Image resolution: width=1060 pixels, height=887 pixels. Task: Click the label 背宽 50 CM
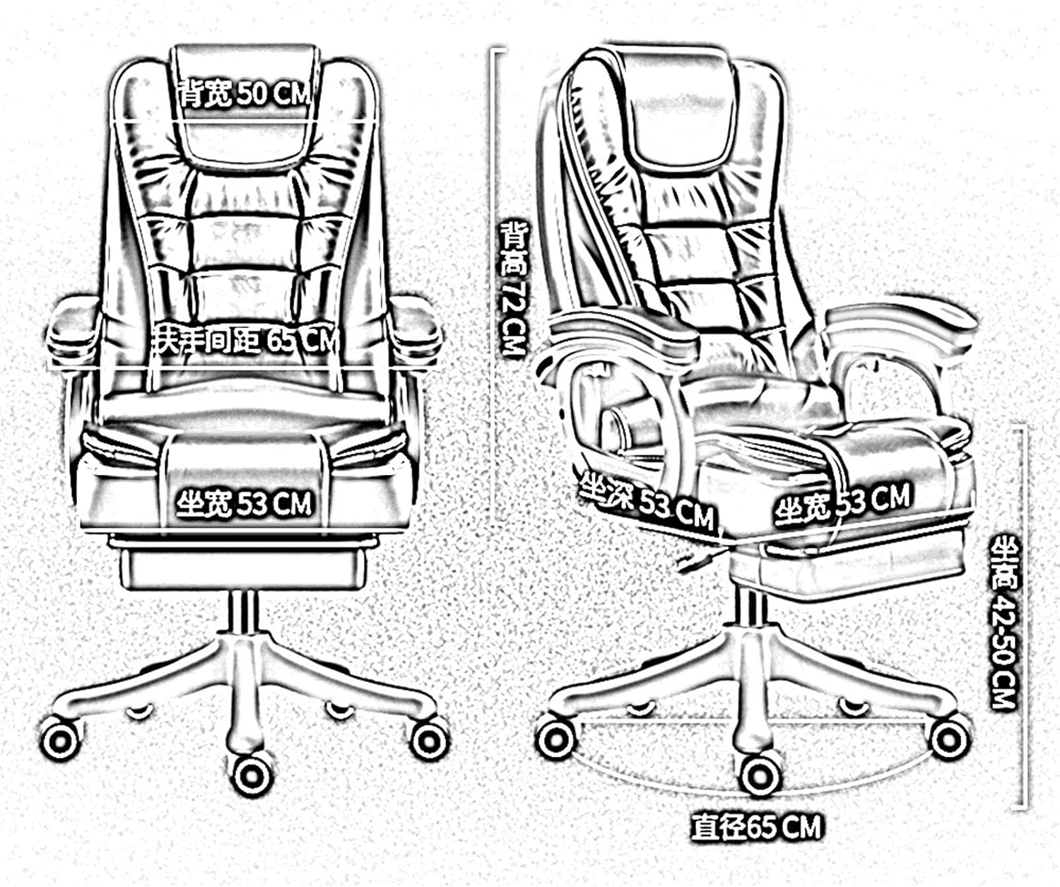pos(244,93)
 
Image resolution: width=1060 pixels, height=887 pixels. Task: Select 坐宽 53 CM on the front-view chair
pos(244,504)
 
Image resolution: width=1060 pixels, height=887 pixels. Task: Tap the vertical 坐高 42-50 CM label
pos(1003,622)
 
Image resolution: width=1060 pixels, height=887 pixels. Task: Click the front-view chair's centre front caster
pos(252,775)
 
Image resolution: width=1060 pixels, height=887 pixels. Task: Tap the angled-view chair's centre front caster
pos(760,775)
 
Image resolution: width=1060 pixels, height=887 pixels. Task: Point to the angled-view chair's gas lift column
pos(751,615)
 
